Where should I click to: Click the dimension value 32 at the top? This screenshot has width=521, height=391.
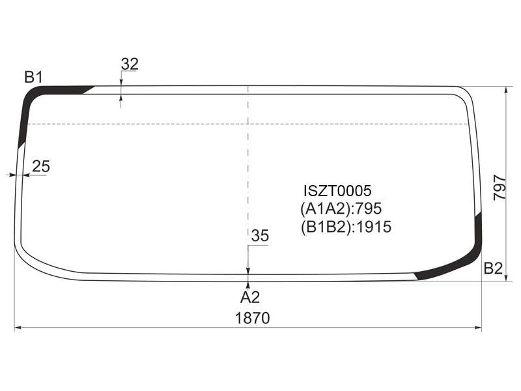(130, 64)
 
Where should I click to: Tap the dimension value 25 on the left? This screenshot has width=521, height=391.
(41, 166)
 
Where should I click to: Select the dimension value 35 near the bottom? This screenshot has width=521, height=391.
(260, 236)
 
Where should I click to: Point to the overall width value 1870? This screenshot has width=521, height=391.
(253, 318)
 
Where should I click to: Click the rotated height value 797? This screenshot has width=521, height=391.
(500, 187)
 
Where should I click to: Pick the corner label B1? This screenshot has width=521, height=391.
(34, 78)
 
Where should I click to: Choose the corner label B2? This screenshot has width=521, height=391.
(493, 268)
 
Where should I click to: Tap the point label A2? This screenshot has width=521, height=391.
(250, 297)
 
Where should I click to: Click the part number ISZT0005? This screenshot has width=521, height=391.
(337, 191)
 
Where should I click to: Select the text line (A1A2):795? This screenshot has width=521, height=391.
(341, 209)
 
